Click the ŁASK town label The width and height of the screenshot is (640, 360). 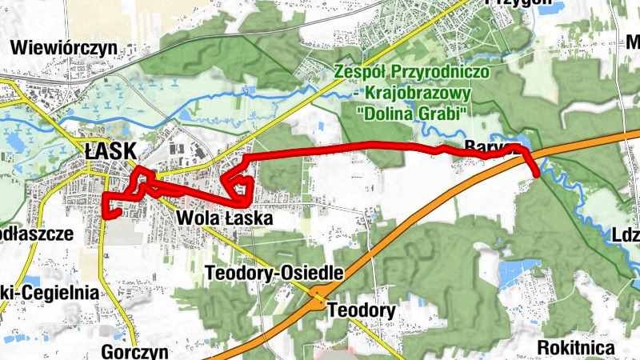[110, 150]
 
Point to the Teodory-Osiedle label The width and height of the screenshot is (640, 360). [274, 273]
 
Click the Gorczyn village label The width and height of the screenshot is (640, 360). [135, 351]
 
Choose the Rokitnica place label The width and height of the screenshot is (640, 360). [576, 348]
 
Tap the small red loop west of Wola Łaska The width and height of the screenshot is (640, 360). [238, 186]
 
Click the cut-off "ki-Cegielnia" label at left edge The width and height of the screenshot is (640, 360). [50, 293]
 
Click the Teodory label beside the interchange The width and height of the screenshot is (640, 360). [362, 310]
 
